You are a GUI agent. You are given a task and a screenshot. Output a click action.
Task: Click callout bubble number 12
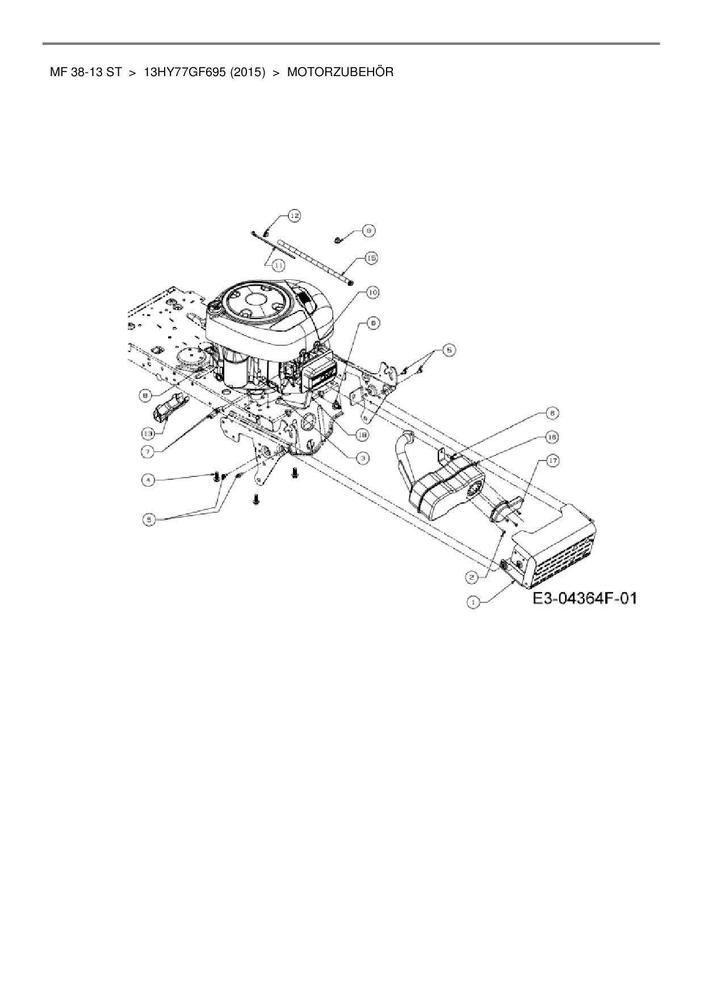pyautogui.click(x=295, y=216)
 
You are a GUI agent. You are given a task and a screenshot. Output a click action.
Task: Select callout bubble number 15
pyautogui.click(x=371, y=258)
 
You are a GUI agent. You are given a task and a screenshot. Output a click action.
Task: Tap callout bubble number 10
pyautogui.click(x=372, y=292)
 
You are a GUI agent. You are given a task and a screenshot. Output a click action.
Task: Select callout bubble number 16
pyautogui.click(x=551, y=437)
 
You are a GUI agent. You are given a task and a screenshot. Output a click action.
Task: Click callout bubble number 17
pyautogui.click(x=551, y=461)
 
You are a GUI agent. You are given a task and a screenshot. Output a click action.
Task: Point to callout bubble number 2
pyautogui.click(x=472, y=577)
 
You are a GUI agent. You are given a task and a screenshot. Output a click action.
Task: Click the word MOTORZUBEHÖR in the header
pyautogui.click(x=340, y=73)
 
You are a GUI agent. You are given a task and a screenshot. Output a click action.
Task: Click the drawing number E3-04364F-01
pyautogui.click(x=584, y=599)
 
